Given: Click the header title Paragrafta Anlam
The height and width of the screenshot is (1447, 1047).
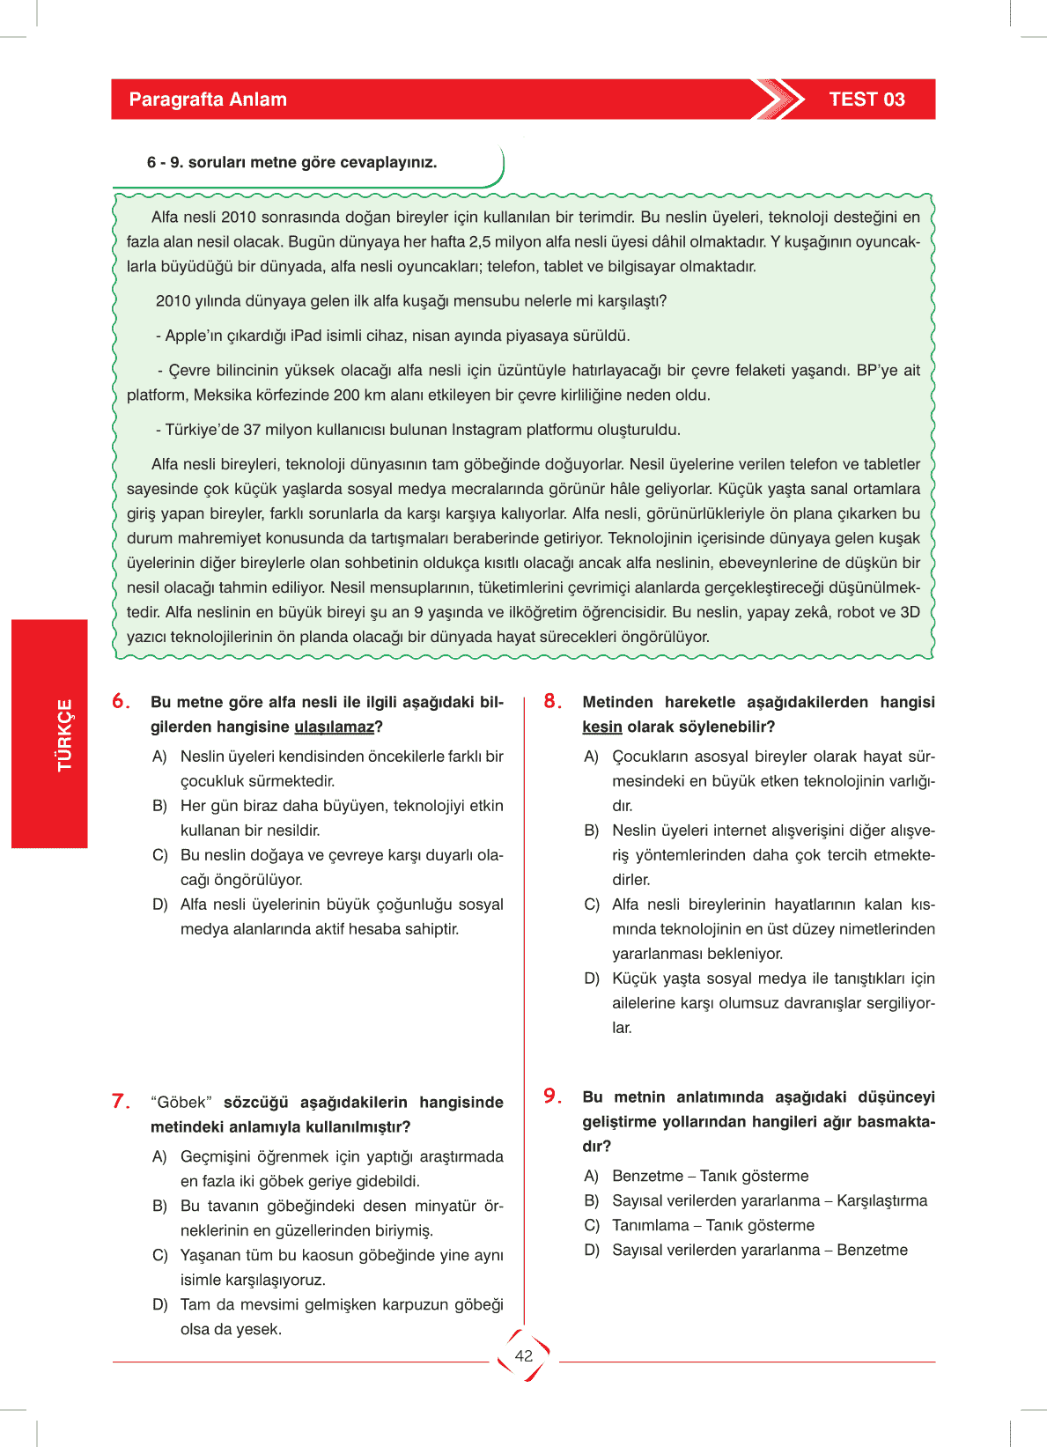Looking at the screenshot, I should click(208, 100).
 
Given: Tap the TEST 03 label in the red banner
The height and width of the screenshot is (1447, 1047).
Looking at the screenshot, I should click(866, 100).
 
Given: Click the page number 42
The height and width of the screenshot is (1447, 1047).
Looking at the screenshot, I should click(524, 1356).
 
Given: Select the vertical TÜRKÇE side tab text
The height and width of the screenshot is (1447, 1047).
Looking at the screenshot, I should click(64, 735).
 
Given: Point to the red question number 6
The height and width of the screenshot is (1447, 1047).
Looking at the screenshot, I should click(121, 702).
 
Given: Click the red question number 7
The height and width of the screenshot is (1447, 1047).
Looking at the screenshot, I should click(121, 1102).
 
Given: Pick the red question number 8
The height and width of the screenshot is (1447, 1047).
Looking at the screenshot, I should click(552, 702).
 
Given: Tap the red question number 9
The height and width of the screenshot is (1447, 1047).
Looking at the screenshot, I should click(552, 1096).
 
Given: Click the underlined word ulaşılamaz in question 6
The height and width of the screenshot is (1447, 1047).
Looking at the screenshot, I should click(335, 727).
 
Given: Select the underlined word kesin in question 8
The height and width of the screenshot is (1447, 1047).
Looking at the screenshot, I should click(602, 727).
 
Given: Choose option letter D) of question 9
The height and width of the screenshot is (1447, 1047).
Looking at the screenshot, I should click(592, 1251).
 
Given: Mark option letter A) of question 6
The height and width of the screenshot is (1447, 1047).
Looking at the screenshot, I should click(159, 757).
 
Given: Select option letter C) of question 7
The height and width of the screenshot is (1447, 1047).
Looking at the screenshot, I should click(159, 1255).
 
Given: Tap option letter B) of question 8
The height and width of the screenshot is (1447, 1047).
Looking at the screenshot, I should click(592, 831).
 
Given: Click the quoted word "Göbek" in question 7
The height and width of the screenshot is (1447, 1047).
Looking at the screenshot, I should click(181, 1103).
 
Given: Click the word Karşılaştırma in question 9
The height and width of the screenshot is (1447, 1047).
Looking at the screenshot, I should click(881, 1201).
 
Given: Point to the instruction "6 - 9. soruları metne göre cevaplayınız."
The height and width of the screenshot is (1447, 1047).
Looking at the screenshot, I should click(291, 163).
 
